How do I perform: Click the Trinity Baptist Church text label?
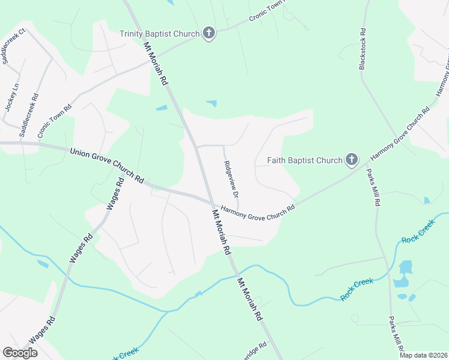(159, 34)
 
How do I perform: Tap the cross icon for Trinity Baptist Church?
(208, 33)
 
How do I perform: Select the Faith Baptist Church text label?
(304, 160)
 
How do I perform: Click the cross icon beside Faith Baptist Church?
(352, 160)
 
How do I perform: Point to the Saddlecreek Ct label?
(14, 47)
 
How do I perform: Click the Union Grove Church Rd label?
(107, 165)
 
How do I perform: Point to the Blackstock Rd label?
(363, 48)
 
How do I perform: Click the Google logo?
(20, 353)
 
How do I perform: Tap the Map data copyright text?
(423, 355)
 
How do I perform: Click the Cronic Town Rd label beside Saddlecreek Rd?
(55, 120)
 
